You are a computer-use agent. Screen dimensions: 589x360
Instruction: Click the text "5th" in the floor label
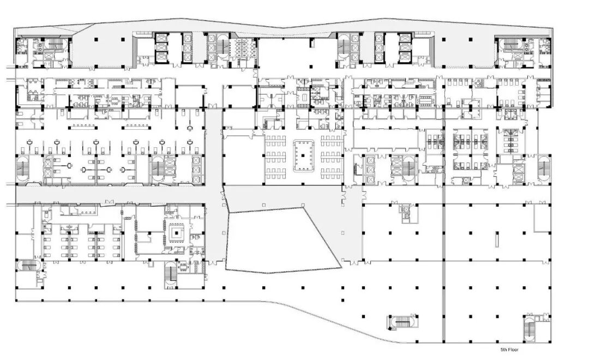504,350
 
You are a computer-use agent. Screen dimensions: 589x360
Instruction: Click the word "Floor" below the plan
514,350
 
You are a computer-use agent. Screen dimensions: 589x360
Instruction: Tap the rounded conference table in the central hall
303,155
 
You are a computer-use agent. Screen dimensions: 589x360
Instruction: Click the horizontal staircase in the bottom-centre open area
401,322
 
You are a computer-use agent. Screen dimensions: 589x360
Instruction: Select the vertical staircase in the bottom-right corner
530,328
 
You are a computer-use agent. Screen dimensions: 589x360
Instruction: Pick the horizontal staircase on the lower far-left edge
27,266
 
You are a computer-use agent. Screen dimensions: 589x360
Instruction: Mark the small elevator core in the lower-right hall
406,213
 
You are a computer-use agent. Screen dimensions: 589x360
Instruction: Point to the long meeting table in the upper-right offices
425,100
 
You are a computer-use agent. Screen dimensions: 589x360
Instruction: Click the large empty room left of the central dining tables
243,160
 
